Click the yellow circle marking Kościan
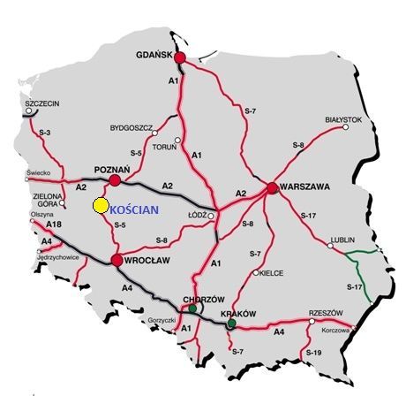pyautogui.click(x=101, y=206)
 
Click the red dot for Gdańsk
pyautogui.click(x=180, y=57)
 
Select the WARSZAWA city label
pyautogui.click(x=305, y=187)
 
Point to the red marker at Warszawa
pyautogui.click(x=272, y=187)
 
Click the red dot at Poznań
pyautogui.click(x=115, y=180)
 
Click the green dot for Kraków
pyautogui.click(x=231, y=324)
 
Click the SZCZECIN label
pyautogui.click(x=42, y=104)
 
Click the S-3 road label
pyautogui.click(x=46, y=133)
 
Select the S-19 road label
pyautogui.click(x=313, y=353)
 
